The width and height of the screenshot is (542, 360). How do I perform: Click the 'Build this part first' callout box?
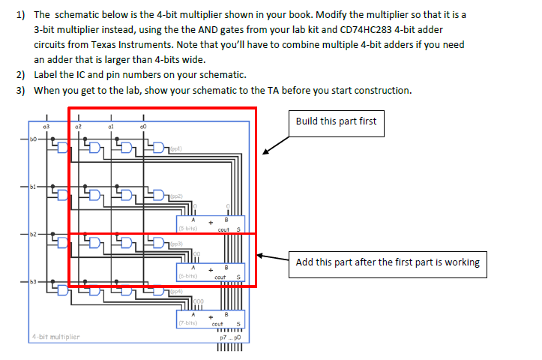(337, 122)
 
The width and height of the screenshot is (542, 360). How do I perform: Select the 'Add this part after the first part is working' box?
(388, 262)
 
